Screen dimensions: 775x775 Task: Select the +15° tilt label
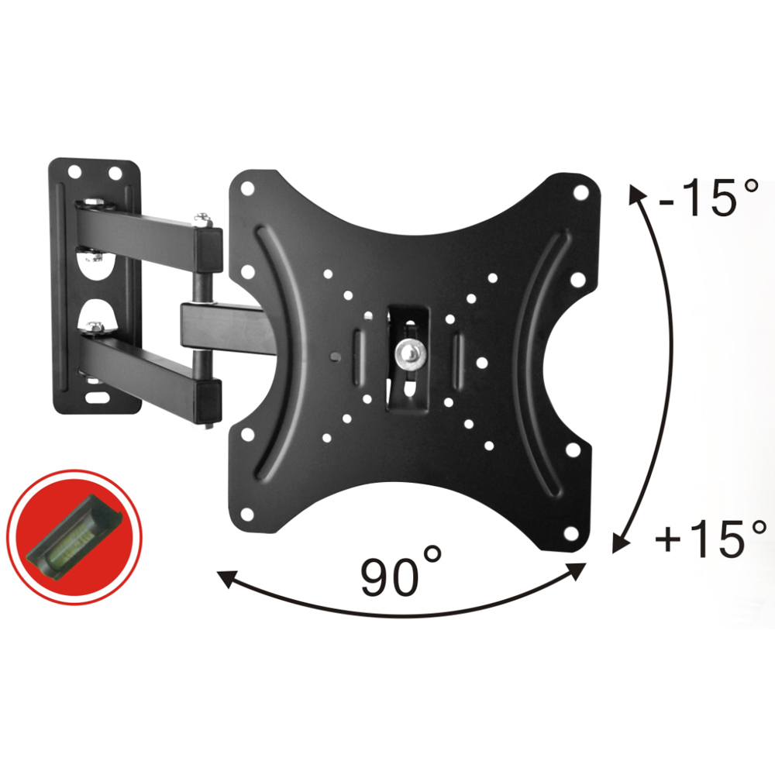tap(710, 539)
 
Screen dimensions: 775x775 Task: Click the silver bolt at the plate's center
tap(409, 354)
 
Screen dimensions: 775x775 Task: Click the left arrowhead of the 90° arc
tap(226, 578)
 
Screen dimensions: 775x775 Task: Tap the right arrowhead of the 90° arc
tap(578, 572)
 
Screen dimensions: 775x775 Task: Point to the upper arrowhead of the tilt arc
tap(637, 194)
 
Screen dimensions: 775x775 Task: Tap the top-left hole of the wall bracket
tap(74, 171)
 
